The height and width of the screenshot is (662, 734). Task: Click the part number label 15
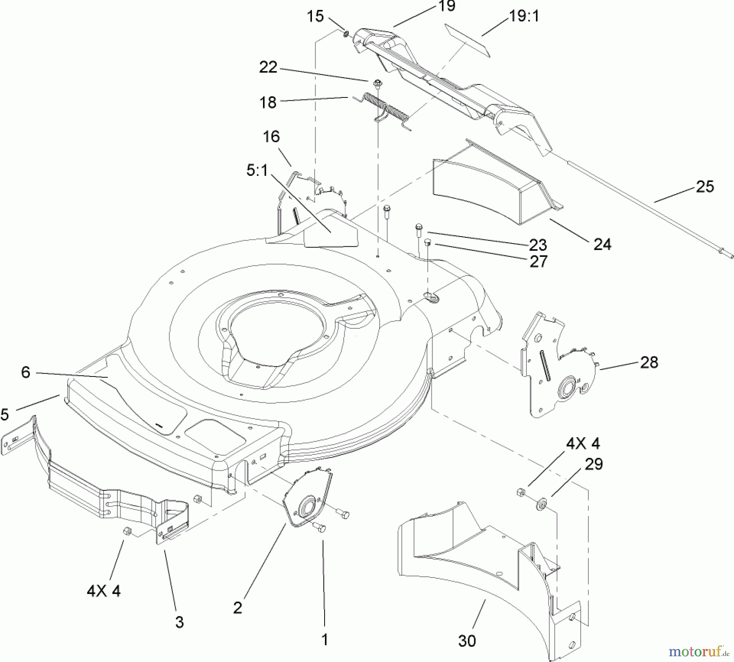pos(315,17)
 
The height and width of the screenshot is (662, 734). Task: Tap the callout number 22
pos(268,67)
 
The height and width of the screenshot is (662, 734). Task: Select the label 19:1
pos(524,16)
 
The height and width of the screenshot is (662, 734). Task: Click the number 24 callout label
pos(602,244)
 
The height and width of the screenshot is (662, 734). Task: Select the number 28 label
pos(649,362)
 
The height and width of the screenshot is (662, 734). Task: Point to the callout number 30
pos(467,641)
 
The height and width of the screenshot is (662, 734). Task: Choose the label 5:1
pos(257,170)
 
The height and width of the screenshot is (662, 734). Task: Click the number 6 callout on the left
pos(26,372)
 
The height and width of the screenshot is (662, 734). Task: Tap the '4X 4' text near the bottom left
pos(104,591)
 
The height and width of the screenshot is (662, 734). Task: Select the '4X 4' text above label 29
pos(583,443)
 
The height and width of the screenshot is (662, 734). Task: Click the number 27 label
pos(538,262)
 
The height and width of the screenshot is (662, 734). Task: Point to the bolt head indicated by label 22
pos(378,83)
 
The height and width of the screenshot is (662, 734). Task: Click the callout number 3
pos(179,622)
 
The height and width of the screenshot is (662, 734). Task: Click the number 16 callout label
pos(271,137)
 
